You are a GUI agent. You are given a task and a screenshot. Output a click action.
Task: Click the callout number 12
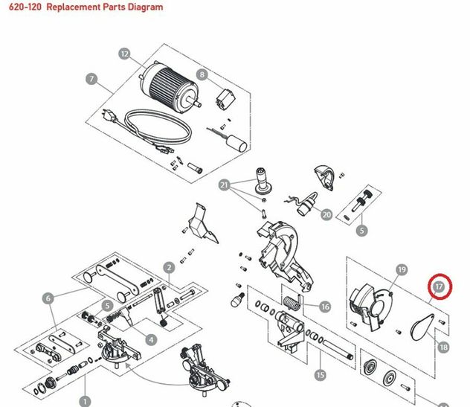(x=124, y=54)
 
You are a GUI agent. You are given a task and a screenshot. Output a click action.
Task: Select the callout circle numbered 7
(x=91, y=79)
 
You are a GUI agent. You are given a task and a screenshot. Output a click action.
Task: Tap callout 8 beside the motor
(x=202, y=74)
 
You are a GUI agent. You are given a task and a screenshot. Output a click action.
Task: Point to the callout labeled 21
(x=224, y=185)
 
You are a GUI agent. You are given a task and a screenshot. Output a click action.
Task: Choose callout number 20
(x=326, y=215)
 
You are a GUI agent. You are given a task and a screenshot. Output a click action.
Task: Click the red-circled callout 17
(x=439, y=286)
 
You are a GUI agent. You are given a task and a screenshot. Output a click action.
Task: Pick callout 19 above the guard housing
(x=402, y=269)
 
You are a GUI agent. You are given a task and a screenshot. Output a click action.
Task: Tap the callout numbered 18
(x=443, y=347)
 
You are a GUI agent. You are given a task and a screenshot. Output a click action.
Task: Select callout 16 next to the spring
(x=325, y=307)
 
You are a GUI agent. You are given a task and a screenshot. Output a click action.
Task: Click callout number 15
(x=320, y=375)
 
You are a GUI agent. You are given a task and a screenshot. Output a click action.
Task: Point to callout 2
(x=169, y=268)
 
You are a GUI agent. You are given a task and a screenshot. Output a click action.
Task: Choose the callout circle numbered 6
(x=48, y=298)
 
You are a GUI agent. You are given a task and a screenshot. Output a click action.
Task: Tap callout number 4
(x=151, y=340)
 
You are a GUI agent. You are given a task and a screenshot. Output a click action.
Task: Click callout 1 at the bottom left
(x=85, y=401)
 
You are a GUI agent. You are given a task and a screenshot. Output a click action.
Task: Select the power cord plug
(x=109, y=115)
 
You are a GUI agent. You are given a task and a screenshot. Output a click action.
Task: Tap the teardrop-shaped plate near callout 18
(x=422, y=327)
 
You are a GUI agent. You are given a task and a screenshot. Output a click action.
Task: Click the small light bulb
(x=237, y=299)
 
